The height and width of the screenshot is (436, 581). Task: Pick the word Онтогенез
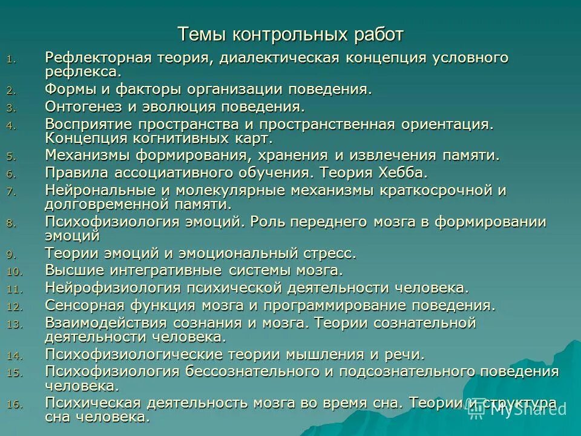[82, 107]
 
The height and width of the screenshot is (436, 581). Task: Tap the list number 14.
[15, 355]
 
